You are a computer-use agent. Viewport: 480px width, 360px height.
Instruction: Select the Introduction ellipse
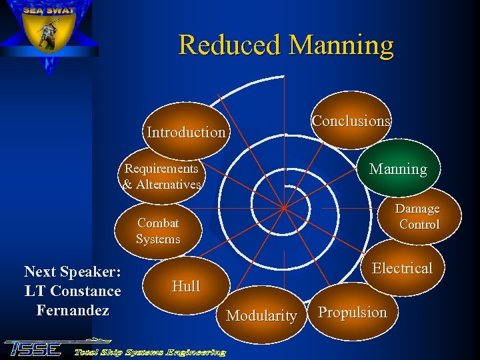186,132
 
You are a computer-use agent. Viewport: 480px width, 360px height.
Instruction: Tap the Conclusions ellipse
351,121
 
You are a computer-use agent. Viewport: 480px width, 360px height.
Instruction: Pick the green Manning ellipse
398,169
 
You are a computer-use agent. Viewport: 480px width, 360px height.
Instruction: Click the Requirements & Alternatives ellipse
162,177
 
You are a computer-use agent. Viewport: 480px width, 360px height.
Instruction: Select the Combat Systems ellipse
158,231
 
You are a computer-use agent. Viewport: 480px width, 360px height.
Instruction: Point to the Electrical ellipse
402,268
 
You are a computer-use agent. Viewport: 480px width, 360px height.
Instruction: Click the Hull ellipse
185,287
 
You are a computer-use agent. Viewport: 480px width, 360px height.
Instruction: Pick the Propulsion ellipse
352,312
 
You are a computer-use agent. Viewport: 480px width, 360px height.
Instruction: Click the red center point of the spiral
283,207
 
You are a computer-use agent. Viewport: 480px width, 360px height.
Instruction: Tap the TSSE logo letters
33,349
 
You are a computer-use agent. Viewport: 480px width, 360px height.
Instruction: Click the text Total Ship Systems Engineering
150,351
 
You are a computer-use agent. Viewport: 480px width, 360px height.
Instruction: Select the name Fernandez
73,310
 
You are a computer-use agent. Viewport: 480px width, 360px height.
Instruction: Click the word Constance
85,291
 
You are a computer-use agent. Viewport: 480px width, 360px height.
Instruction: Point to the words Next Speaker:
72,271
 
